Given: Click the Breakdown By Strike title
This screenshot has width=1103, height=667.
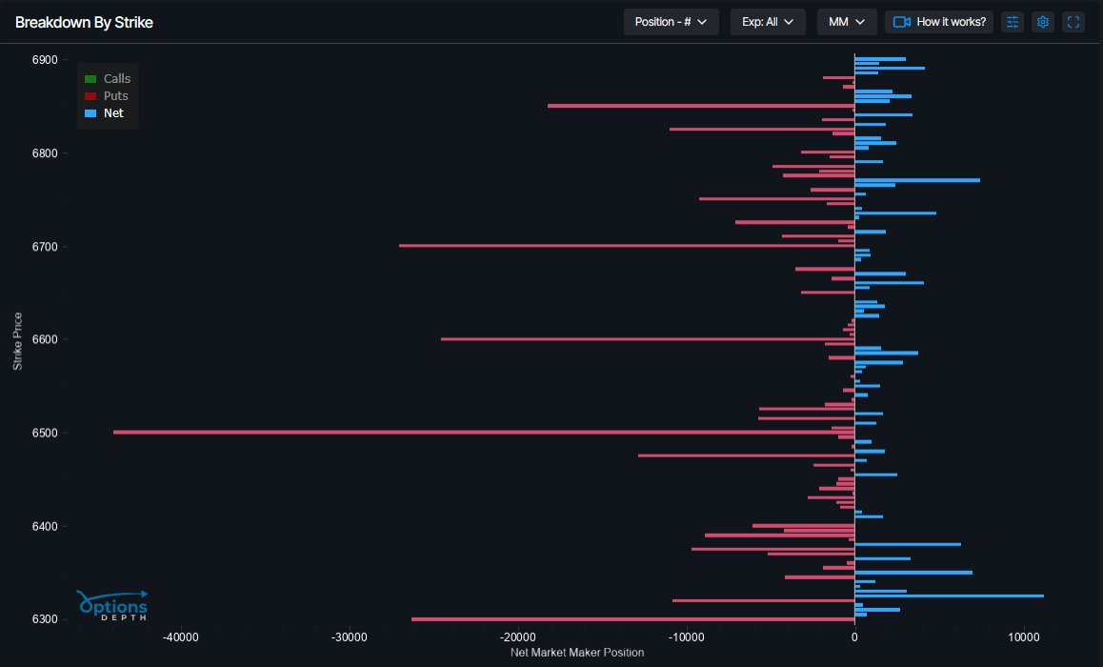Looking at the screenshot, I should pyautogui.click(x=84, y=22).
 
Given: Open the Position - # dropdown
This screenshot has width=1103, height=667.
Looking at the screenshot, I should pyautogui.click(x=671, y=22).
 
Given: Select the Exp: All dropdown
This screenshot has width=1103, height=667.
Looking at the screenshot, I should pyautogui.click(x=768, y=22).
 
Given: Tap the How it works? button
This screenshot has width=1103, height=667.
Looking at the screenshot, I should pyautogui.click(x=939, y=22).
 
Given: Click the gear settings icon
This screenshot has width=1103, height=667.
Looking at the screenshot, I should pyautogui.click(x=1043, y=22).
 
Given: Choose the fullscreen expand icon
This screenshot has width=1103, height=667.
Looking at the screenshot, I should pyautogui.click(x=1073, y=22).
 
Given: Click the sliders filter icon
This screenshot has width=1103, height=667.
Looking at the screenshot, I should pyautogui.click(x=1013, y=22).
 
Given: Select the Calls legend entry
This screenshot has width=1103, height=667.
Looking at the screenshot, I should pyautogui.click(x=108, y=79).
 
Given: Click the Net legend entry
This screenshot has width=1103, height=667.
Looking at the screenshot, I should pyautogui.click(x=105, y=113).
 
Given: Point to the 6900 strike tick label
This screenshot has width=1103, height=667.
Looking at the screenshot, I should pyautogui.click(x=45, y=60).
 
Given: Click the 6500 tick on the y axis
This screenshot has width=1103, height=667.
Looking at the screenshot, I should pyautogui.click(x=45, y=433).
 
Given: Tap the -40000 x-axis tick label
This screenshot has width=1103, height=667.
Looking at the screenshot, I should pyautogui.click(x=180, y=637).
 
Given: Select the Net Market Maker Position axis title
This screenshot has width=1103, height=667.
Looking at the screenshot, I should pyautogui.click(x=577, y=653).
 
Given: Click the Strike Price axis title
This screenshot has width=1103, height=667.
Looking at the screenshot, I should pyautogui.click(x=18, y=340).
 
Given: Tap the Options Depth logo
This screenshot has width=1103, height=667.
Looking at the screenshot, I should pyautogui.click(x=112, y=606).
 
